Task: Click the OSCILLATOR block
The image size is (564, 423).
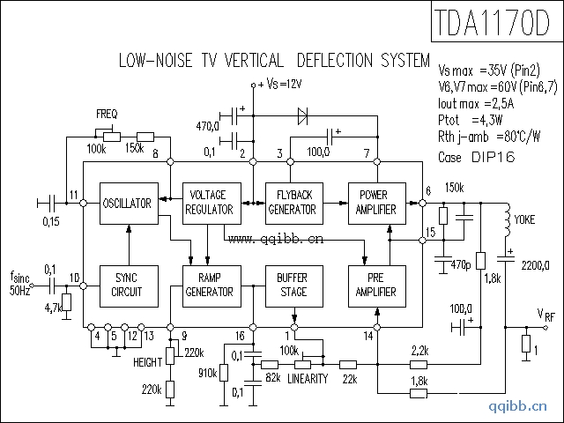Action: pyautogui.click(x=129, y=204)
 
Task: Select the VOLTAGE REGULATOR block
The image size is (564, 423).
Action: pyautogui.click(x=210, y=204)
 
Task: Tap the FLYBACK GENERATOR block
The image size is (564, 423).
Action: pyautogui.click(x=292, y=204)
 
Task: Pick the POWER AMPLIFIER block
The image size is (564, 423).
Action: pyautogui.click(x=376, y=204)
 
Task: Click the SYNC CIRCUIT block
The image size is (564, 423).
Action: pyautogui.click(x=129, y=285)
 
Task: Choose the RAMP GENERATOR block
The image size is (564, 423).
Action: pyautogui.click(x=210, y=285)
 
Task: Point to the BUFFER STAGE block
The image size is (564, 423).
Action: pyautogui.click(x=292, y=285)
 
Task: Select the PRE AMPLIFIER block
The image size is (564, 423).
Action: pyautogui.click(x=376, y=285)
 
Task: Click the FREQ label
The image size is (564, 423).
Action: pyautogui.click(x=108, y=115)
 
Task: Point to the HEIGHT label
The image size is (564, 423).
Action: pyautogui.click(x=147, y=362)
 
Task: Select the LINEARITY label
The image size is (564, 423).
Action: pyautogui.click(x=308, y=379)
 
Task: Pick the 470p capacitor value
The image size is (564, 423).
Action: pyautogui.click(x=460, y=263)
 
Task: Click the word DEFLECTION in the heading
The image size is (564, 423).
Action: pyautogui.click(x=333, y=62)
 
